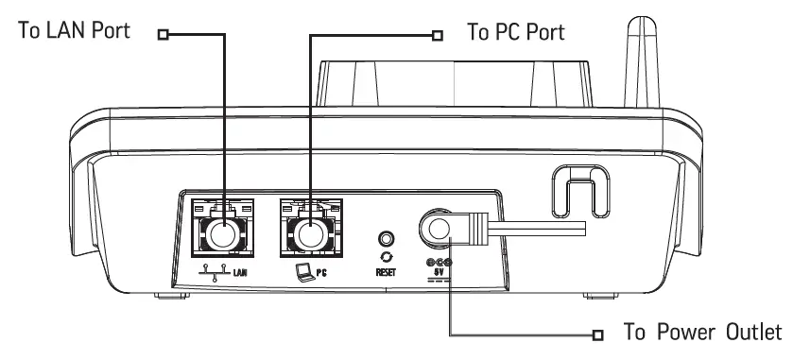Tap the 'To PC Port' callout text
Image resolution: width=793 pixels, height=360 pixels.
point(516,32)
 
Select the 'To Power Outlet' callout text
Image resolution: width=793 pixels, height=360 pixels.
point(701,333)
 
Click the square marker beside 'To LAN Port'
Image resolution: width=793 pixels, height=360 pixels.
point(164,36)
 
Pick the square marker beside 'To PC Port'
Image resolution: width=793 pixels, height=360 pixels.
point(437,36)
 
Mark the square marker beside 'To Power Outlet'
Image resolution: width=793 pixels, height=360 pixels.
point(596,334)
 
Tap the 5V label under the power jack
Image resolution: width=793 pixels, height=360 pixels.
point(440,272)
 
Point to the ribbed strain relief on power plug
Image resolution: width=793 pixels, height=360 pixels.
point(476,226)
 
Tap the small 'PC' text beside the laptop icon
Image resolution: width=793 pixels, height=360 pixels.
point(321,271)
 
